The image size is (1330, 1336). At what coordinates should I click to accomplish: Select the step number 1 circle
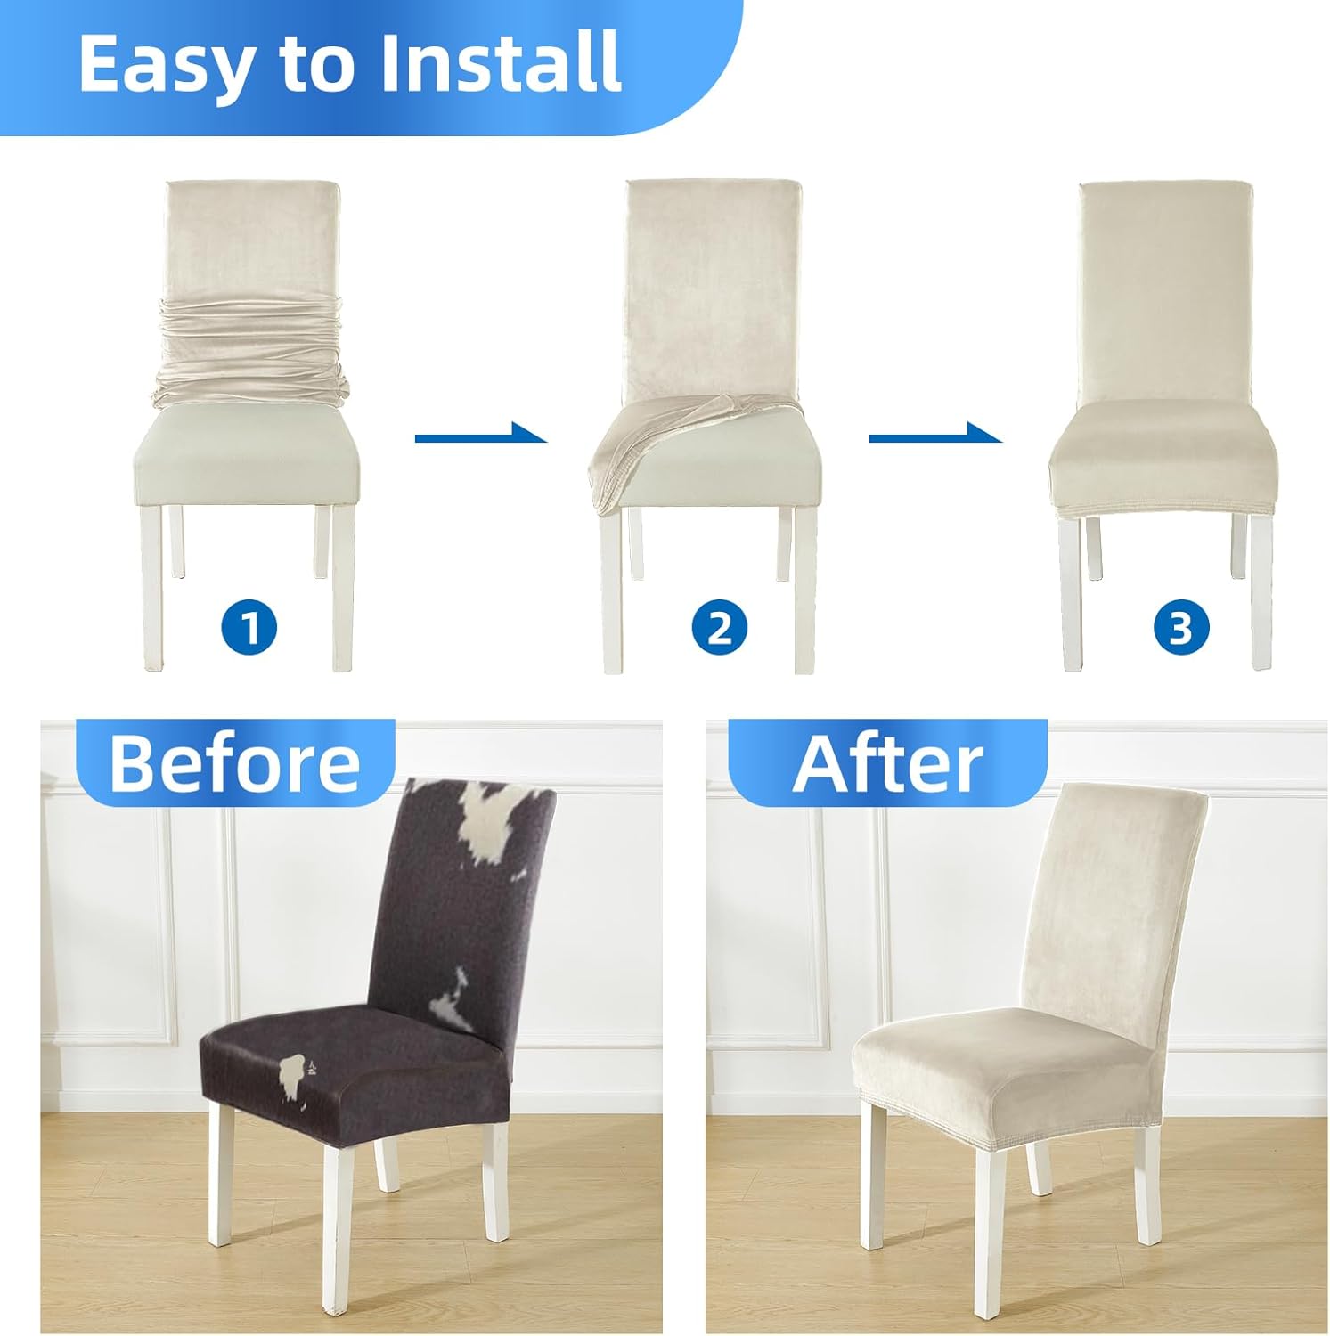point(249,627)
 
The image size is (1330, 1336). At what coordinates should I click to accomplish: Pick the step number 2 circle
point(719,627)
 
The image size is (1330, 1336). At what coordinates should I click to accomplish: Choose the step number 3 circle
point(1181,627)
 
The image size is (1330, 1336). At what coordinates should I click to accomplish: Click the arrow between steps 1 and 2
point(479,435)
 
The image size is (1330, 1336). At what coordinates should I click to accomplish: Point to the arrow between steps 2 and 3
point(934,435)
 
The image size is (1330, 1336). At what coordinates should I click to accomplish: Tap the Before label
point(234,763)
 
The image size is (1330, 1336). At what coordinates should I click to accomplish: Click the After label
point(887,763)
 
